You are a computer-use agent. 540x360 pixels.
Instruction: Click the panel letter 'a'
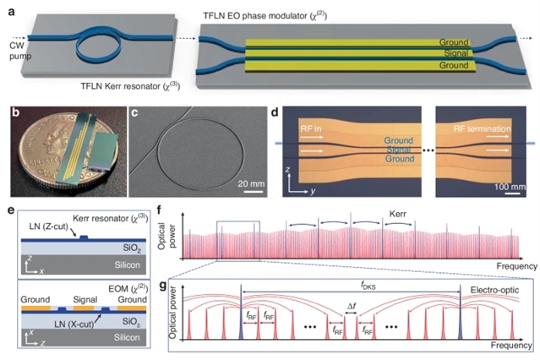pos(10,8)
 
